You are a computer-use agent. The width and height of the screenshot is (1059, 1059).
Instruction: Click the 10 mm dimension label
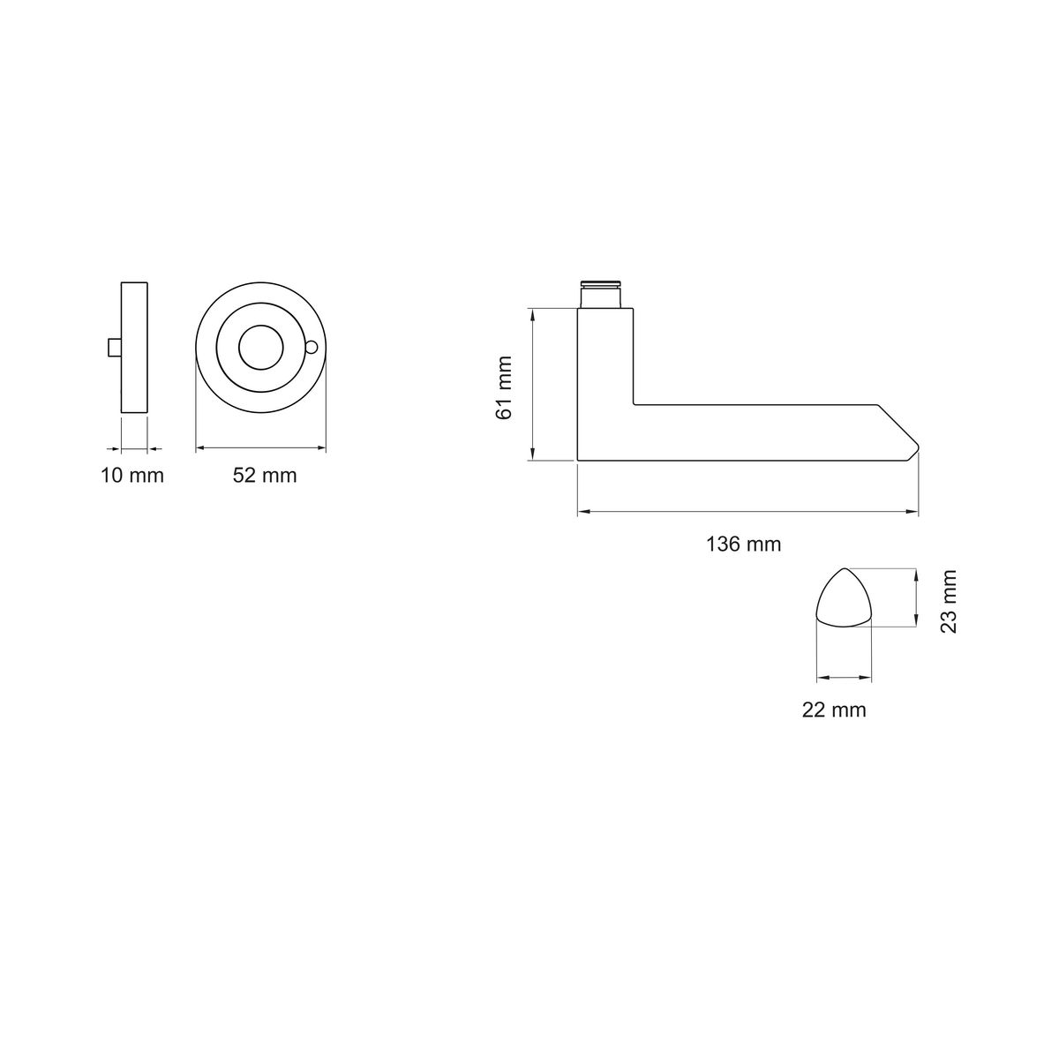click(x=131, y=476)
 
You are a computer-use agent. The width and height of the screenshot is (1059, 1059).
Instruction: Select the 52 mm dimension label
click(x=265, y=476)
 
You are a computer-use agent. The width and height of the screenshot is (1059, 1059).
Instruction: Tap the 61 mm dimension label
click(x=504, y=387)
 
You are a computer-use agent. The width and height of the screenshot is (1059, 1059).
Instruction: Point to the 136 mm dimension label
click(x=743, y=545)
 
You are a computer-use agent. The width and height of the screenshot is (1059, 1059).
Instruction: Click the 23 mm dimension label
click(x=949, y=601)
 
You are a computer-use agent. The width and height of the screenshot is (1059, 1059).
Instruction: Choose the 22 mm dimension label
click(x=834, y=710)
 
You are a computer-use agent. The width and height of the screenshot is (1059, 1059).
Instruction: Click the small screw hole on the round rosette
click(x=311, y=347)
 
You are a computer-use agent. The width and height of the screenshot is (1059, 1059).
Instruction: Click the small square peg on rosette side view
click(x=115, y=348)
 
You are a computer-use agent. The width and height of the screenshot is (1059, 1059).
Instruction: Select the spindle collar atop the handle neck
click(x=601, y=295)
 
